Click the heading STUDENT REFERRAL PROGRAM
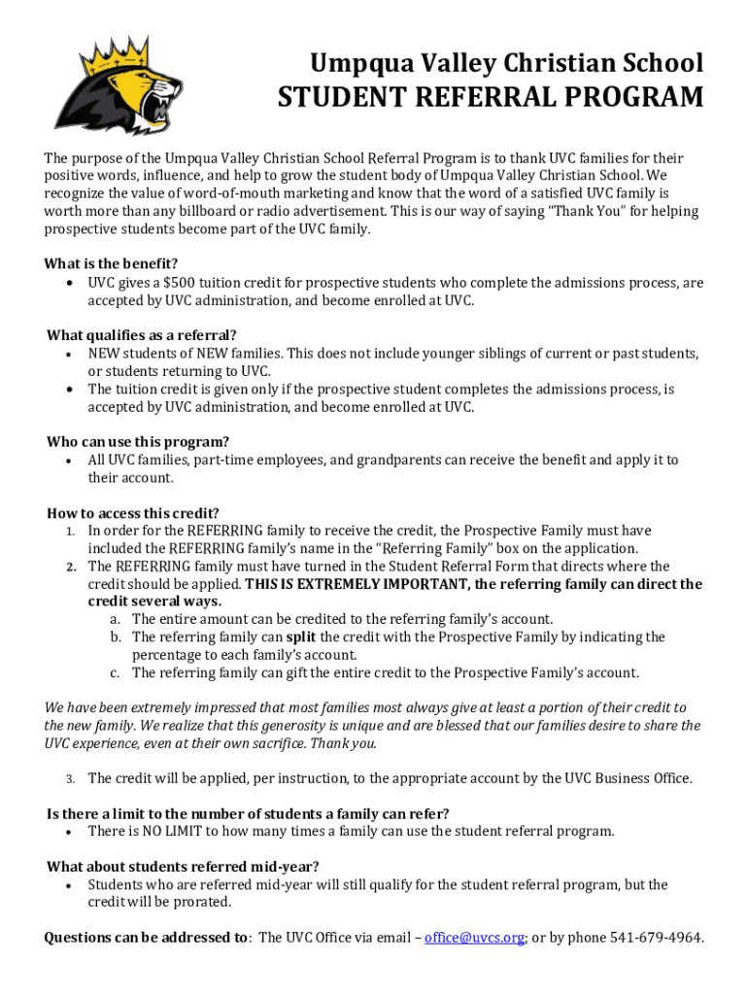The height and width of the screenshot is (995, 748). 491,98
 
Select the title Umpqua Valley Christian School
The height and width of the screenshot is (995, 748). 506,64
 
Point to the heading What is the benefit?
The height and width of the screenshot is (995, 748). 111,264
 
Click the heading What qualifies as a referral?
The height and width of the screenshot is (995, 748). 142,336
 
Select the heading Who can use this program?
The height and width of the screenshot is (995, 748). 138,442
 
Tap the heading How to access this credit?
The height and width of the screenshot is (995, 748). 133,513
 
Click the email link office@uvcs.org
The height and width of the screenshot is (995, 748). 475,938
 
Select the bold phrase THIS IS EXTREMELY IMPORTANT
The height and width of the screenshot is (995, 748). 357,584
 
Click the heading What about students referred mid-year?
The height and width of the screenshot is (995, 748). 183,867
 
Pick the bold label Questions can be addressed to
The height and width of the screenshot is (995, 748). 147,938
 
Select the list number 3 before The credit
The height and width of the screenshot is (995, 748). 71,779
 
